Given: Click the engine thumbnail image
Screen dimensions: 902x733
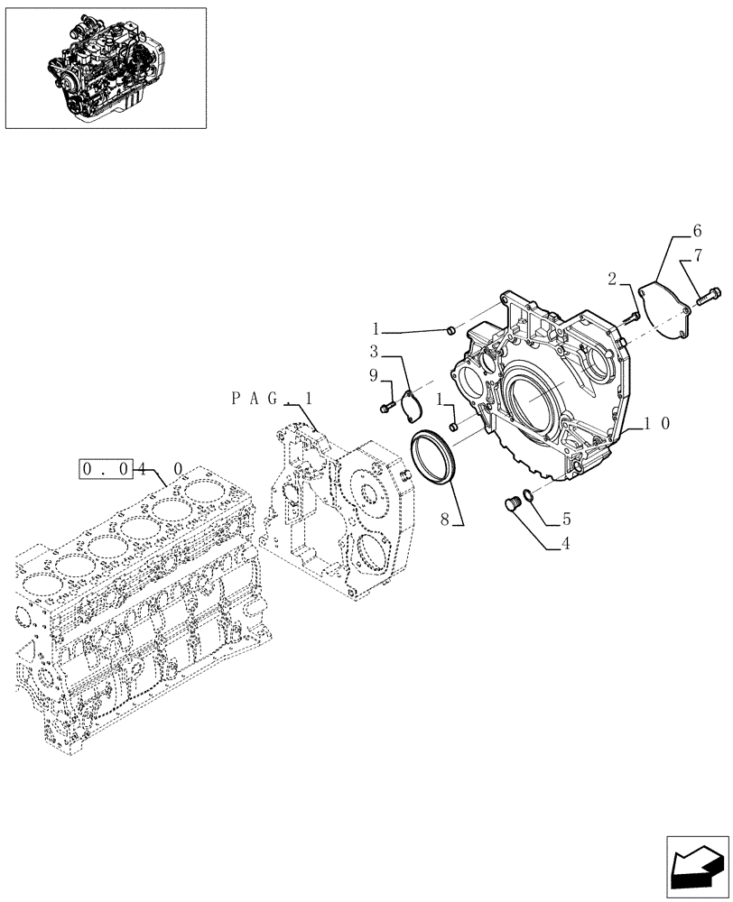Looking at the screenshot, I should coord(105,68).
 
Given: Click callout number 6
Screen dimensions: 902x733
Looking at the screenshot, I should coord(697,231).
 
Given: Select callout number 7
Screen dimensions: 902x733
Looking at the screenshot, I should coord(697,260).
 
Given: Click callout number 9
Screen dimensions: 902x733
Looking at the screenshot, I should coord(374,375).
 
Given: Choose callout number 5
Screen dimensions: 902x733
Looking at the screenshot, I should coord(566,519).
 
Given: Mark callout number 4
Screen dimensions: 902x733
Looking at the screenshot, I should coord(566,544).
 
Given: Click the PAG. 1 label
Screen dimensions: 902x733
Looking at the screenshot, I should coord(272,398).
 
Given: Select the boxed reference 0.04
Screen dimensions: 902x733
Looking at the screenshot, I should coord(107,468).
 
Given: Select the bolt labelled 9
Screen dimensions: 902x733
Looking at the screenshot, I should coord(387,409).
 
